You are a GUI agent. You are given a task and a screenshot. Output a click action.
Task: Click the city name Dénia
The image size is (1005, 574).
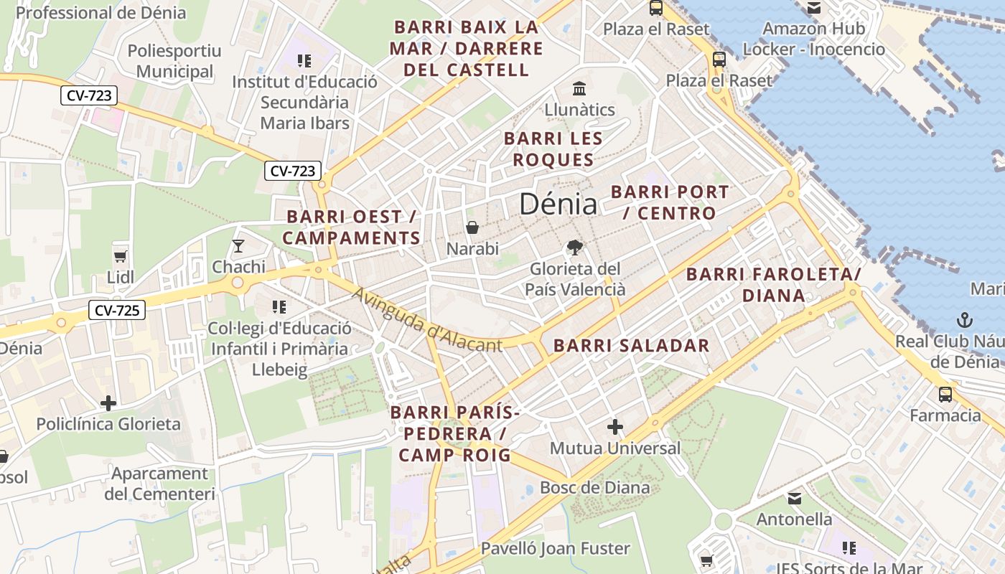pos(558,204)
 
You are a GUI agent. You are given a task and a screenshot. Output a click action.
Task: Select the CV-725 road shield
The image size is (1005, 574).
pos(117,310)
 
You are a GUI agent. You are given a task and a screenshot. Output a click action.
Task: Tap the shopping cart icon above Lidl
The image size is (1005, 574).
pos(120,256)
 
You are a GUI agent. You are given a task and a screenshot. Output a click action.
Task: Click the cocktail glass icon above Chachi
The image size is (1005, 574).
pos(238,246)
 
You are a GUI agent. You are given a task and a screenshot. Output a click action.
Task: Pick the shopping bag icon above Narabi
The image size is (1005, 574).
pos(472,227)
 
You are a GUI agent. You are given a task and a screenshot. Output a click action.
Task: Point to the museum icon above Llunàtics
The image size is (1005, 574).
pos(579,88)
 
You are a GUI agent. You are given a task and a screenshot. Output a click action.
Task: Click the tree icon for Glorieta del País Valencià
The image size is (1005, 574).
pos(574,248)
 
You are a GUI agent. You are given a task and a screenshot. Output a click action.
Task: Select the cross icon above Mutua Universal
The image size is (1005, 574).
pos(614,427)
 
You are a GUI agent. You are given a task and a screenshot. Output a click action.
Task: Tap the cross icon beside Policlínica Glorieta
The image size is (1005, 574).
pos(108,403)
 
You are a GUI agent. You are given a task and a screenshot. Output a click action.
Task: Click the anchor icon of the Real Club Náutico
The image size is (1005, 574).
pos(964,320)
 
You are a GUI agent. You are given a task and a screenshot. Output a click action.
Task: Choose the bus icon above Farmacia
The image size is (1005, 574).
pos(945,394)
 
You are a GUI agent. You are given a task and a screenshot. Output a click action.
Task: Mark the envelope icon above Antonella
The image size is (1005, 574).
pos(795,498)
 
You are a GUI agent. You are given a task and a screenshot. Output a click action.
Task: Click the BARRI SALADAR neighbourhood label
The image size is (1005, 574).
pos(631,345)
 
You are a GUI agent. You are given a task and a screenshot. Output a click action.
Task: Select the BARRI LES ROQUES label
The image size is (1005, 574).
pos(553,149)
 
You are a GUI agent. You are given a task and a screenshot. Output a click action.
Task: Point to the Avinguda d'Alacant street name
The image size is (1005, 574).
pos(426,320)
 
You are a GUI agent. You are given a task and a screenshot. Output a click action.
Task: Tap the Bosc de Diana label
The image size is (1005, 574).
pos(594,487)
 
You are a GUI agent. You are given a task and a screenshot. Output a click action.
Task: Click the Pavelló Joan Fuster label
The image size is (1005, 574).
pos(555,549)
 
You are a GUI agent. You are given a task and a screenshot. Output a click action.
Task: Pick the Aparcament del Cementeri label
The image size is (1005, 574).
pos(159,484)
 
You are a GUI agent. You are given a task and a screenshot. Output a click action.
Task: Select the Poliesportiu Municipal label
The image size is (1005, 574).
pos(174,61)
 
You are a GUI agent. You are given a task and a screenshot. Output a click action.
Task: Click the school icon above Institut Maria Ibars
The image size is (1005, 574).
pos(304,61)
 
